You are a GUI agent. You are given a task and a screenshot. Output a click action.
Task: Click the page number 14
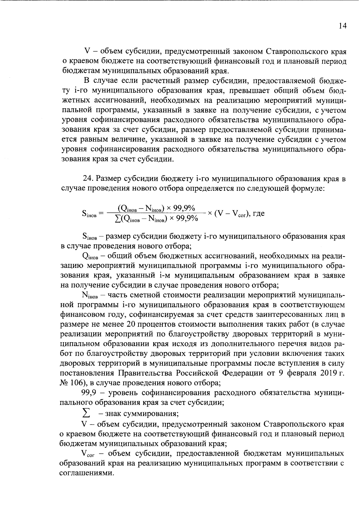point(342,26)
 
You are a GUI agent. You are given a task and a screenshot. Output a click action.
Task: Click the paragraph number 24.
point(87,179)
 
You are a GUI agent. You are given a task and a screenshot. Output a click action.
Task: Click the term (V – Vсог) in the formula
point(231,214)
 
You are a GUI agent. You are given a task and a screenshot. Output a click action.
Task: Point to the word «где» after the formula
point(258,214)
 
